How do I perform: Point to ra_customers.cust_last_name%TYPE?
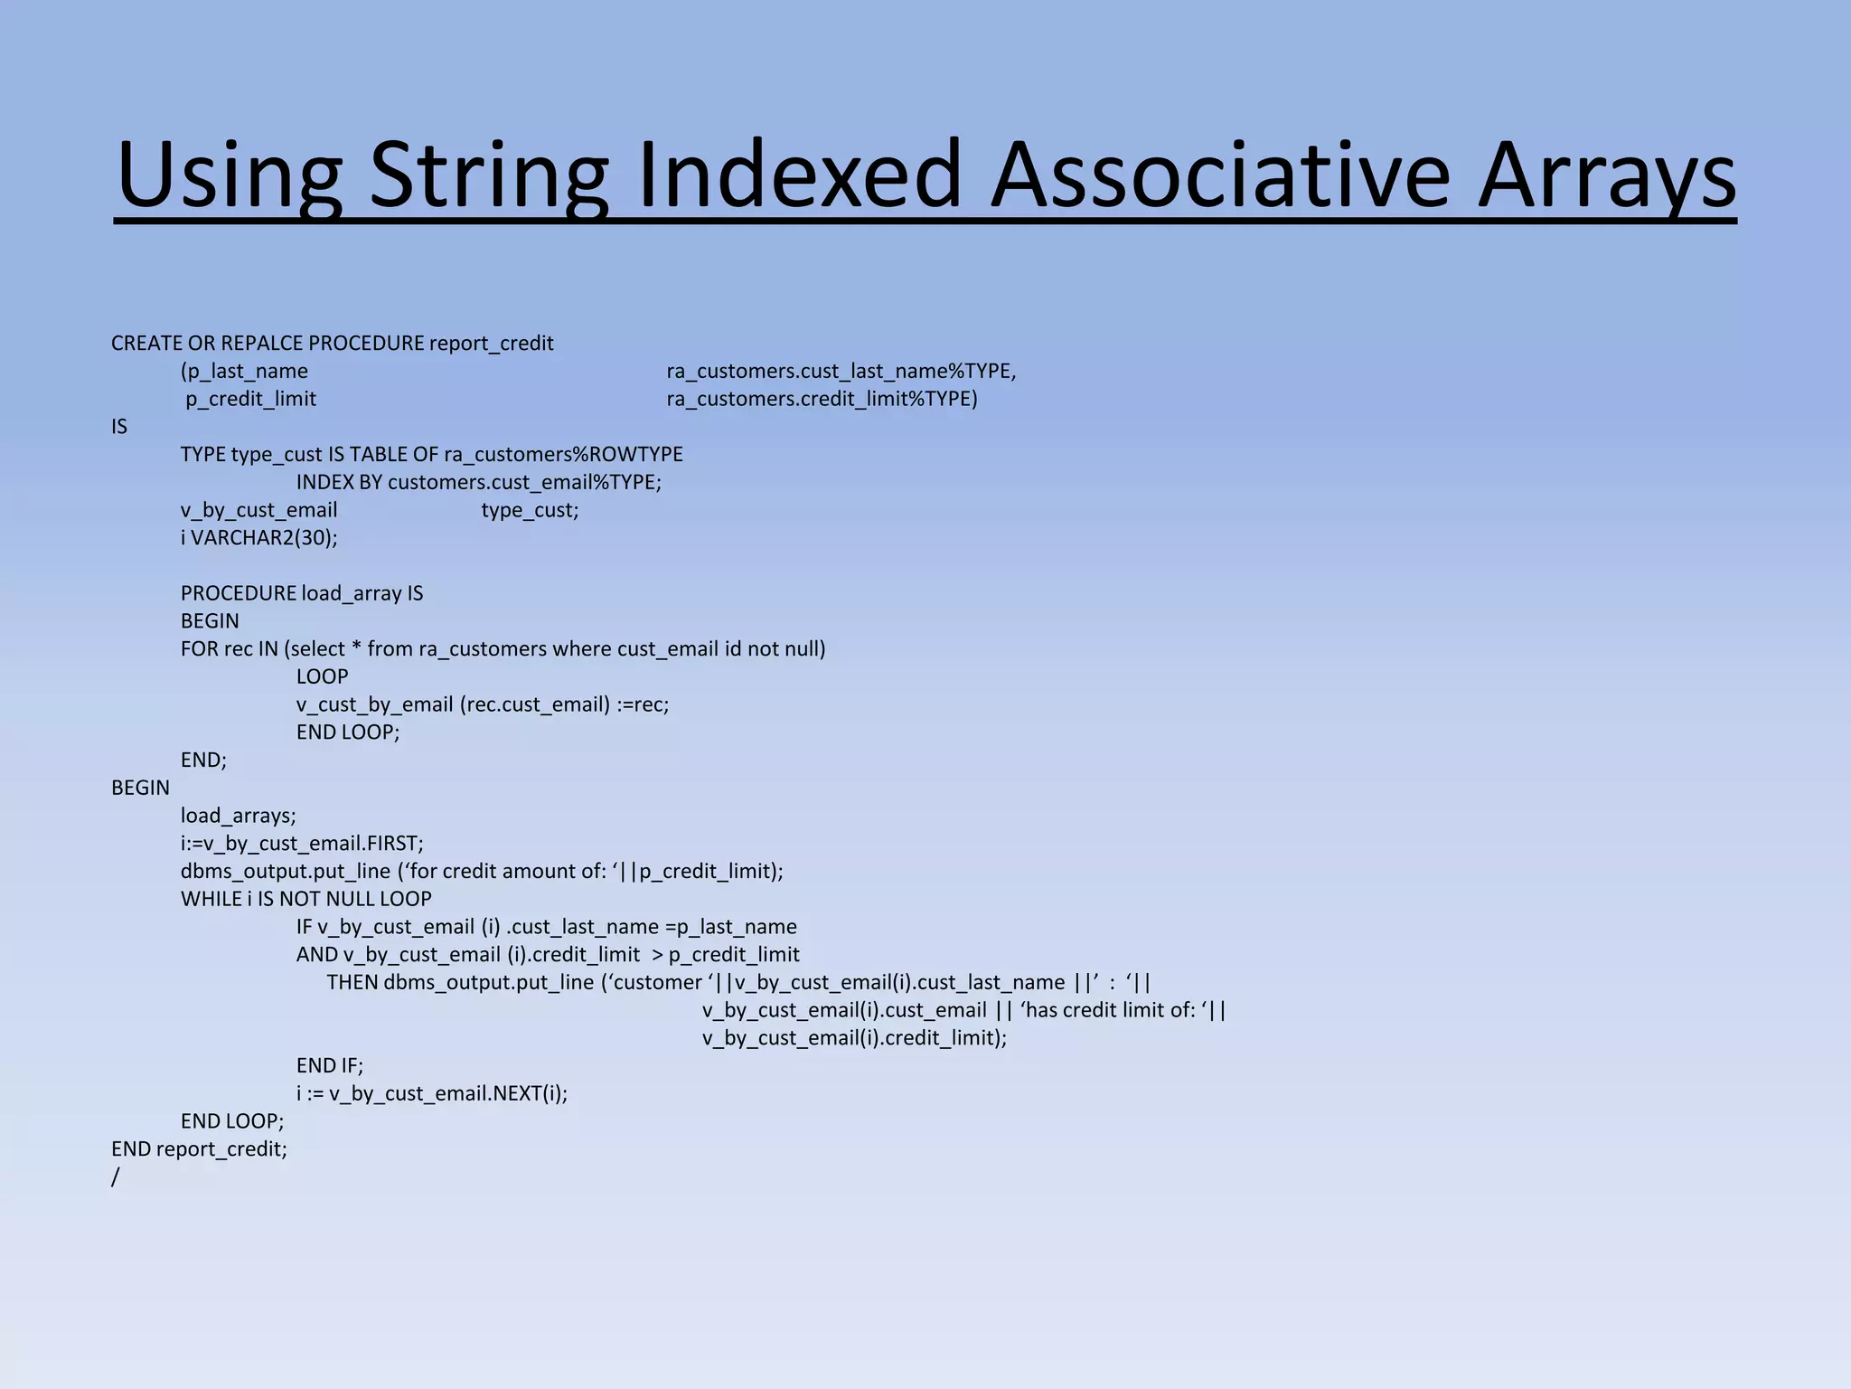click(x=841, y=372)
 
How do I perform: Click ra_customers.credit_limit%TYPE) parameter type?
click(x=822, y=399)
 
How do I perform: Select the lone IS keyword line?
click(x=119, y=427)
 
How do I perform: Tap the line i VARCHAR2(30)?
click(x=258, y=538)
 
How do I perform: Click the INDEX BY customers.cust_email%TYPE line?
click(x=478, y=482)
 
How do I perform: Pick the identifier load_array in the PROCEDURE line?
click(x=351, y=593)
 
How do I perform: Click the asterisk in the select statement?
click(x=356, y=649)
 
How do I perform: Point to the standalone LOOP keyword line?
click(x=322, y=676)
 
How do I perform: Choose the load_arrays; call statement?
click(x=238, y=816)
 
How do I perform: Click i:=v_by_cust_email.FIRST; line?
click(x=301, y=844)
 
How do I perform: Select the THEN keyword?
click(x=352, y=983)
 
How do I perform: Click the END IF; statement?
click(x=329, y=1066)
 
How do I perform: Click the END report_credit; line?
click(x=199, y=1149)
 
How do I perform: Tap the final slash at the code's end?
click(x=116, y=1177)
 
